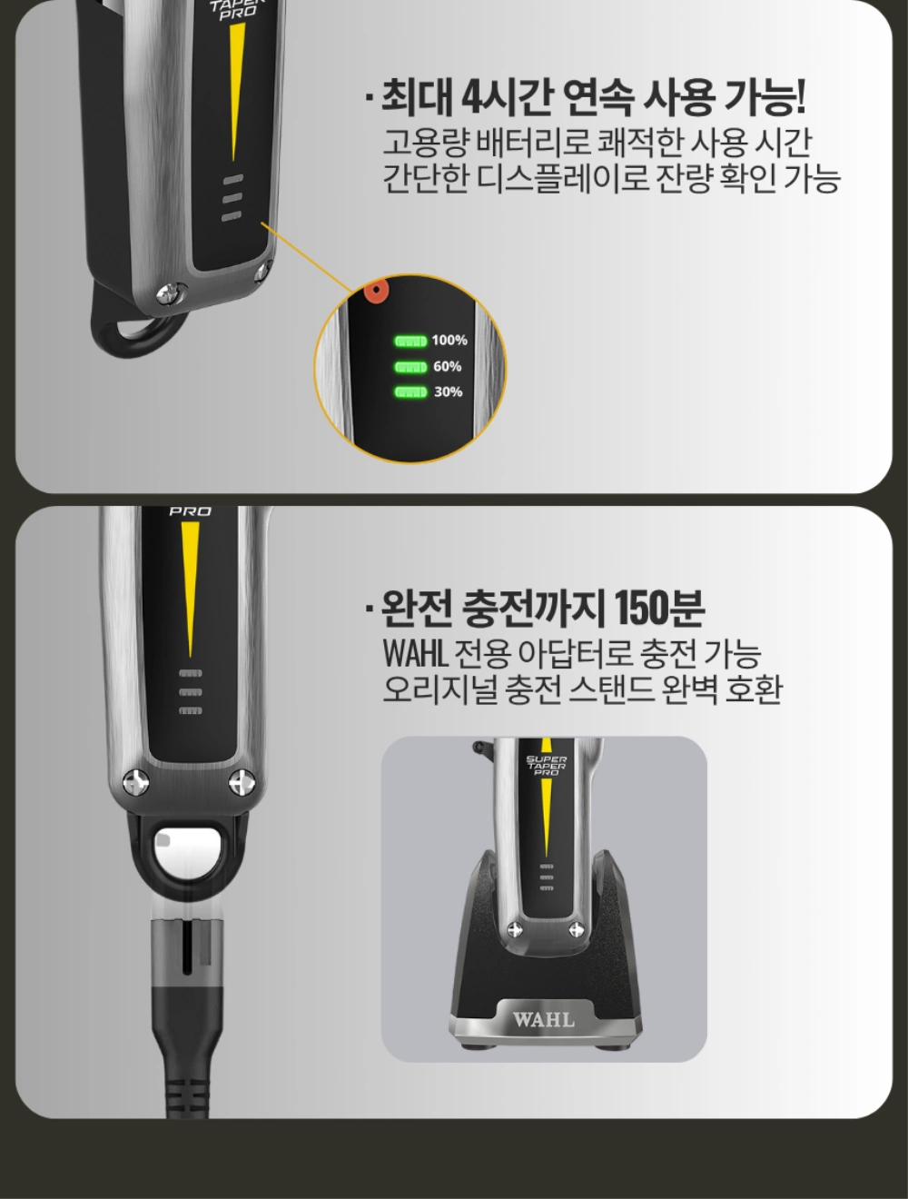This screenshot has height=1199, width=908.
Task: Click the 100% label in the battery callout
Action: (449, 341)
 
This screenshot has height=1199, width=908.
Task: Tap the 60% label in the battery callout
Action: (447, 367)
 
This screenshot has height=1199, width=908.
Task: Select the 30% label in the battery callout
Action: (449, 391)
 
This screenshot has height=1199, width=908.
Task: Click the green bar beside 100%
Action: (410, 342)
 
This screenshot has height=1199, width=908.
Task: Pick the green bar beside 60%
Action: (410, 367)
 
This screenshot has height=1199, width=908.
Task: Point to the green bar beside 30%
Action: (410, 392)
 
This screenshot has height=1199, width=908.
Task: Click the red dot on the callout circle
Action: (376, 291)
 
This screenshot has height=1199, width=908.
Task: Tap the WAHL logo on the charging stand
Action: (544, 1019)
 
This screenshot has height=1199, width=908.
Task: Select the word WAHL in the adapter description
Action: (416, 653)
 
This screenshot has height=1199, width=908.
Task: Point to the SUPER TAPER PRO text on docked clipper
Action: (546, 766)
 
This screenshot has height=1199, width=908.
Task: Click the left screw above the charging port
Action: (136, 783)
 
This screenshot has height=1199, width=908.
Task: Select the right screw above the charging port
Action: (242, 783)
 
